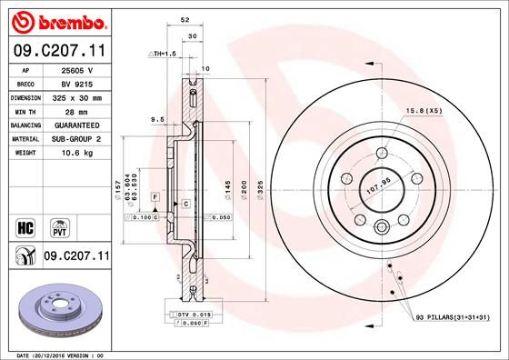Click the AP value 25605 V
75,69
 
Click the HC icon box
26,225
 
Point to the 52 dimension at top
185,19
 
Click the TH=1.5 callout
162,55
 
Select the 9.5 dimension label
157,118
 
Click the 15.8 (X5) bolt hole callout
424,111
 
